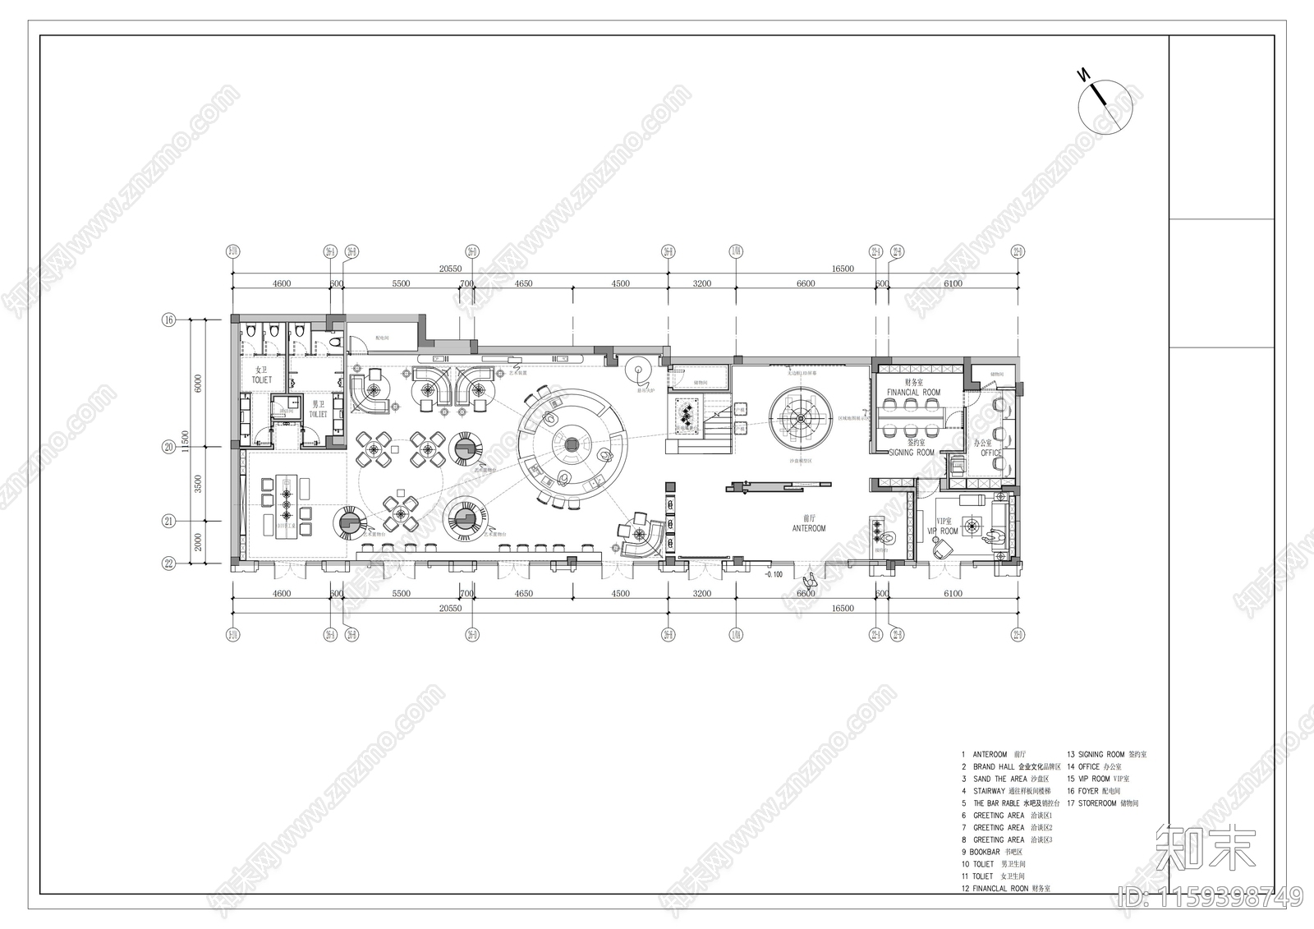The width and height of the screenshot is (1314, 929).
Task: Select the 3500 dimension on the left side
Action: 198,484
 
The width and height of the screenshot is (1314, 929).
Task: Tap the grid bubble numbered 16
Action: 169,320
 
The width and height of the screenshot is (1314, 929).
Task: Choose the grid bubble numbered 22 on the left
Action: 169,563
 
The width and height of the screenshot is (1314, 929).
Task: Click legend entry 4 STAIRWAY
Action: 1017,791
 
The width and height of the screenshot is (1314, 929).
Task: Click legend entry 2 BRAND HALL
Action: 1017,766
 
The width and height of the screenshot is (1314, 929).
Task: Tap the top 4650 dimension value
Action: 523,283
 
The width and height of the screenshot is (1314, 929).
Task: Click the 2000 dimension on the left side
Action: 198,543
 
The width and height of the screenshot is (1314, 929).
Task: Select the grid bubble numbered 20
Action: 169,448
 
